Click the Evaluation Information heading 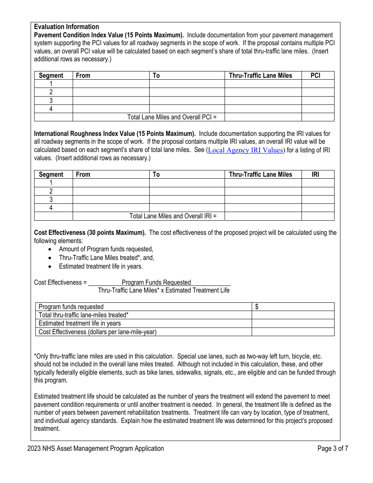(x=66, y=27)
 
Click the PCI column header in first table (x=316, y=75)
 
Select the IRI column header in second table (x=316, y=174)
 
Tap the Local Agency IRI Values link (x=245, y=150)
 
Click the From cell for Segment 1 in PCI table (x=111, y=84)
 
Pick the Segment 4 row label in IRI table (x=51, y=208)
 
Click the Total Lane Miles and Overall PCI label (x=172, y=117)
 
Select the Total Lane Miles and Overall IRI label (x=173, y=216)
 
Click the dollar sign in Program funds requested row (x=257, y=307)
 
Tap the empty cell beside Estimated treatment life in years (x=293, y=323)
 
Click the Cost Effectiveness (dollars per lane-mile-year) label (x=97, y=332)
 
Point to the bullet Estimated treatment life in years (x=101, y=266)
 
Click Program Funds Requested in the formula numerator (x=156, y=282)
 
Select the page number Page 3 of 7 (x=333, y=448)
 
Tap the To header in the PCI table (x=156, y=75)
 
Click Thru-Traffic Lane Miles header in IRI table (x=261, y=174)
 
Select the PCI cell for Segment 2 (x=317, y=92)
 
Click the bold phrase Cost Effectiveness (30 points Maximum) (x=90, y=232)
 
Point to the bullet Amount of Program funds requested (x=106, y=249)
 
